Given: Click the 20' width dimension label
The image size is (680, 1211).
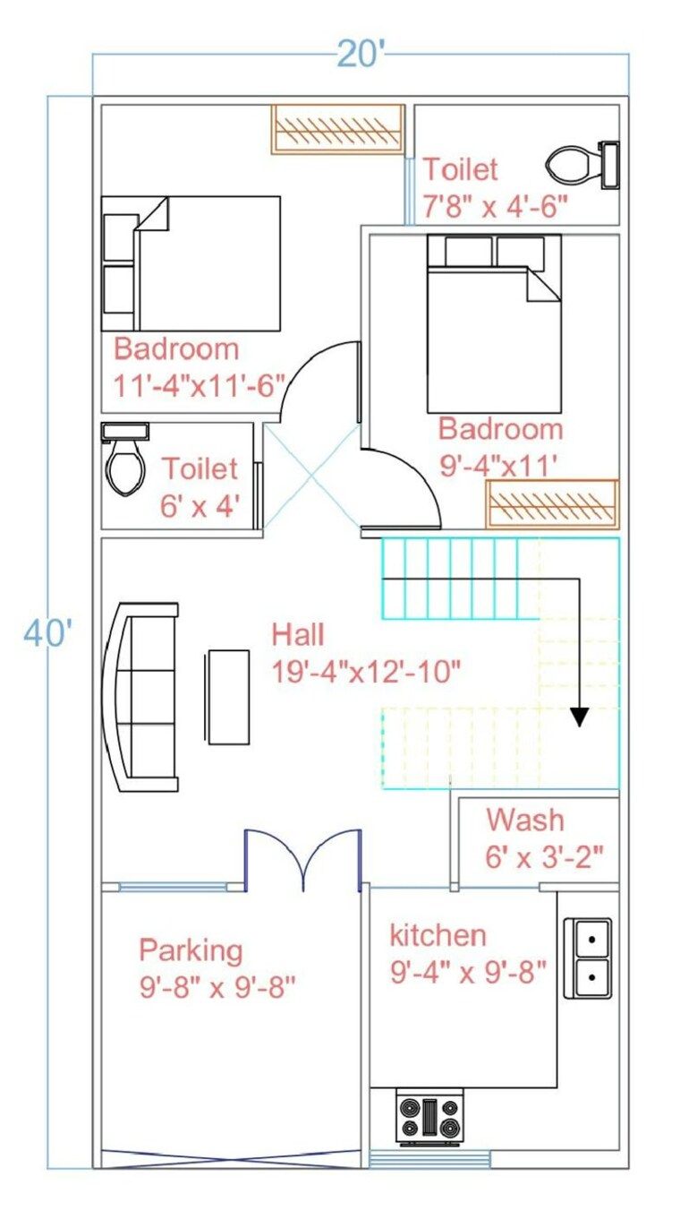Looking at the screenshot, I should coord(361,55).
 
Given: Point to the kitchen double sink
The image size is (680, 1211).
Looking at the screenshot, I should coord(588,958).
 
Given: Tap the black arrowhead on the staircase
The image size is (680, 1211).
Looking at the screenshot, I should coord(580,716).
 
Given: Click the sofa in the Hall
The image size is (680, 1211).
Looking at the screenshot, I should coord(142,698).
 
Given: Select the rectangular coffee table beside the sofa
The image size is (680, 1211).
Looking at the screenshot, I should coord(228,697).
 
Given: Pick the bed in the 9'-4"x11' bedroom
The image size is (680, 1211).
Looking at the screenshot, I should coord(494,323).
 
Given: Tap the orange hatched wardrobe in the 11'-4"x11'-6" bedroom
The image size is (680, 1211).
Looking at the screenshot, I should coord(338,129).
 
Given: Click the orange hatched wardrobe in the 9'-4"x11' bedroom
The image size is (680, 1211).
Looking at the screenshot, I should coord(551,504).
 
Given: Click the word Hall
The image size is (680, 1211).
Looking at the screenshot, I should coord(298,635).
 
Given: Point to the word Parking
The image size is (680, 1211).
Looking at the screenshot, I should coord(191,949).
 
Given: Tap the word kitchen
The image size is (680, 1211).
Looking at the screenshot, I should coord(438,935).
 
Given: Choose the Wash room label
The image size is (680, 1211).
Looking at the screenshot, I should coord(525,819).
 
